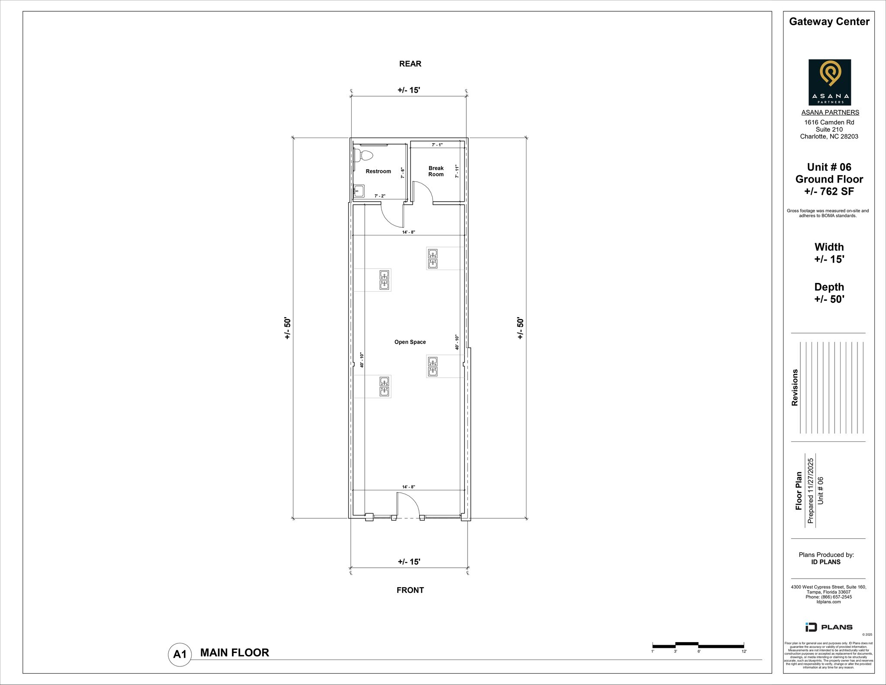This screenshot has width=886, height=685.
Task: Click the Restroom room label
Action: (378, 171)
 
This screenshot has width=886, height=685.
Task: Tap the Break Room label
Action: (436, 171)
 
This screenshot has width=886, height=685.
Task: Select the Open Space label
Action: (410, 342)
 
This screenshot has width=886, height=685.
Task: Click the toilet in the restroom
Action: (363, 155)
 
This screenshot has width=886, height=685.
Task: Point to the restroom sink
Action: (359, 190)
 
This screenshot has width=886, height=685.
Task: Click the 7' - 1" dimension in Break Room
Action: (437, 145)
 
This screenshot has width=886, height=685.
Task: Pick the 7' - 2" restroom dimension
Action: (379, 196)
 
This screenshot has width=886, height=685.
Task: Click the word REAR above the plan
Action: (410, 64)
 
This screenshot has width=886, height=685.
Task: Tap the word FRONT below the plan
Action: (410, 590)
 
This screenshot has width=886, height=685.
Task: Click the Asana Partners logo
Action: (829, 82)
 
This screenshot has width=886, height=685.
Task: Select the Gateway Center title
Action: (829, 22)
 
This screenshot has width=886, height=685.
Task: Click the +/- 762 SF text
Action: (829, 191)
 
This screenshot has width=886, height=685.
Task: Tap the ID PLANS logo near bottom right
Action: (828, 627)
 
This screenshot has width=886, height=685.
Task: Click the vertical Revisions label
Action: (795, 387)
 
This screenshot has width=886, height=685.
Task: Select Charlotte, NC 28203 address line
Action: (829, 136)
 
